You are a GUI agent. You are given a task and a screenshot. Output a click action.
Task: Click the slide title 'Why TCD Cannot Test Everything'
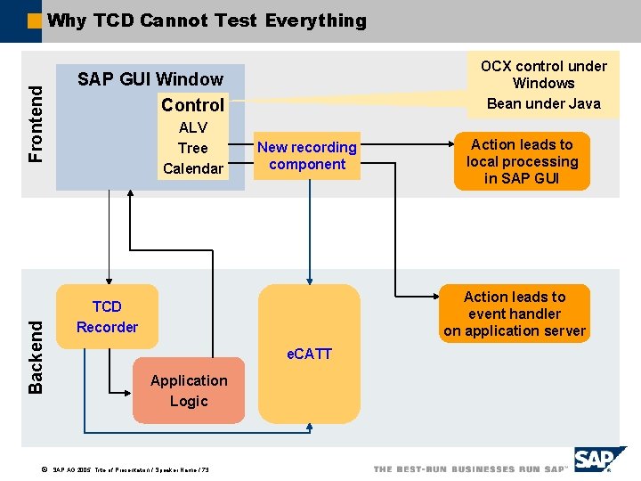pyautogui.click(x=207, y=20)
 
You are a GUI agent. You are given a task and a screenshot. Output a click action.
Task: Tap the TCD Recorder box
pyautogui.click(x=107, y=317)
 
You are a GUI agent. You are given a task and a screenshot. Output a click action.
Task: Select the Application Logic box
pyautogui.click(x=189, y=390)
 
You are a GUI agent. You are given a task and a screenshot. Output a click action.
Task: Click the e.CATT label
pyautogui.click(x=309, y=354)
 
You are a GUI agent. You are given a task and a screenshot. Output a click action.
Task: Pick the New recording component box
pyautogui.click(x=307, y=156)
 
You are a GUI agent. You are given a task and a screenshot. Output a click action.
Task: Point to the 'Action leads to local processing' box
pyautogui.click(x=522, y=161)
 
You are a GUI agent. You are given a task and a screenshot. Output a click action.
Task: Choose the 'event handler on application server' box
pyautogui.click(x=515, y=314)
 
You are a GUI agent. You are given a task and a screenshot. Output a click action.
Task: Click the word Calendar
pyautogui.click(x=192, y=168)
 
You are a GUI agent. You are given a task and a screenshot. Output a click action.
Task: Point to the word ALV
pyautogui.click(x=192, y=127)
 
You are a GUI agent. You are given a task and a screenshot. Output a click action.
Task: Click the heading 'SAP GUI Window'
pyautogui.click(x=150, y=79)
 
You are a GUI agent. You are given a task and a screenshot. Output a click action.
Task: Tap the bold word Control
pyautogui.click(x=192, y=104)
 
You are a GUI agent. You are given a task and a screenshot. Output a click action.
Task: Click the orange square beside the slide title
pyautogui.click(x=34, y=20)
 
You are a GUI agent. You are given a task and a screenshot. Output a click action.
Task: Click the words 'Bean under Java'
pyautogui.click(x=543, y=103)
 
